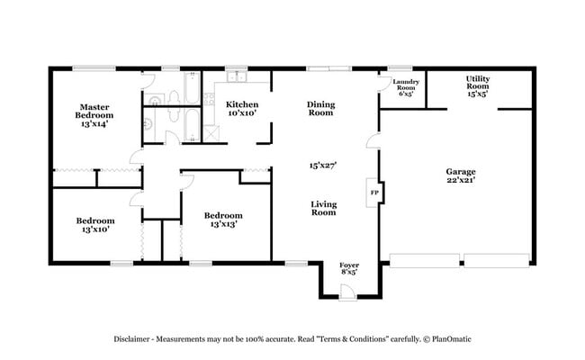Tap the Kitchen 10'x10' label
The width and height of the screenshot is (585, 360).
tap(243, 108)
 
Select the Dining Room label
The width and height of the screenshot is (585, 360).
tap(321, 109)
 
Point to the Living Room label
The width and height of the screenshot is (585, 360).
tap(323, 208)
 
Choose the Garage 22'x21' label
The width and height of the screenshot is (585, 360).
tap(460, 175)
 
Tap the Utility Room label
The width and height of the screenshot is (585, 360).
tap(477, 85)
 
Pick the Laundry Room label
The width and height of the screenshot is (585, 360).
tap(406, 87)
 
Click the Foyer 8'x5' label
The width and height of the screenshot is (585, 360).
tap(348, 267)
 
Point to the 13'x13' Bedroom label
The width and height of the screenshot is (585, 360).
tap(222, 220)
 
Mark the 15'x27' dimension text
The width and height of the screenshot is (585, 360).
tap(322, 165)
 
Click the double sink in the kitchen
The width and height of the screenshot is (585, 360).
tap(237, 76)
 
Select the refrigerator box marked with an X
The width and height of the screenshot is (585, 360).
tap(212, 130)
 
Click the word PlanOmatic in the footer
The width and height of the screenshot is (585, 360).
tap(447, 339)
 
